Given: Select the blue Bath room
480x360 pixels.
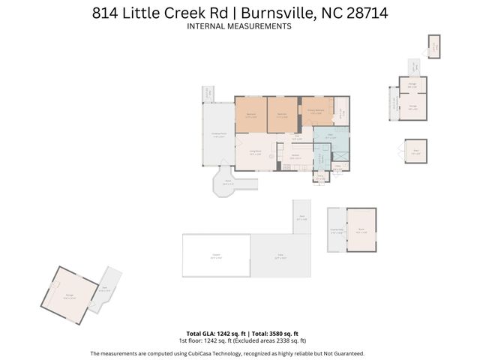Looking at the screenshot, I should [x=330, y=137].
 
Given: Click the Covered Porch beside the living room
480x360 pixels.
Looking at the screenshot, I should [x=218, y=136].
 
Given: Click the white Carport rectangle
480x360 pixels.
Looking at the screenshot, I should [x=215, y=256].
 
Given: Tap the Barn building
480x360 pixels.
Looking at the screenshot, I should [x=361, y=231].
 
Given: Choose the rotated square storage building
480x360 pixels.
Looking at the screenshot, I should [x=69, y=295].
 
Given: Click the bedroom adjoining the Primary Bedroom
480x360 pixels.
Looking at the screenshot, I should [x=283, y=114].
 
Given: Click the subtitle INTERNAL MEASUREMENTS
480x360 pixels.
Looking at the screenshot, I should [x=238, y=26].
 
